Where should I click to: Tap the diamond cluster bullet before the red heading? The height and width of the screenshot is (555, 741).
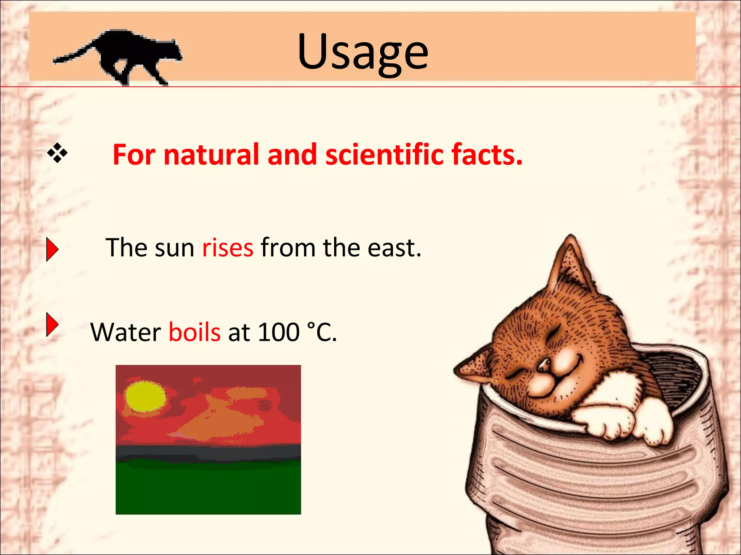57,153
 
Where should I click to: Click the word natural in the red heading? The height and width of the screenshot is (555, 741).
211,155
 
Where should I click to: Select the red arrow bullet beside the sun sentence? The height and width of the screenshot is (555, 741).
52,249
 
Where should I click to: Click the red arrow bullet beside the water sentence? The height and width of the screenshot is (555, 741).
52,324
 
